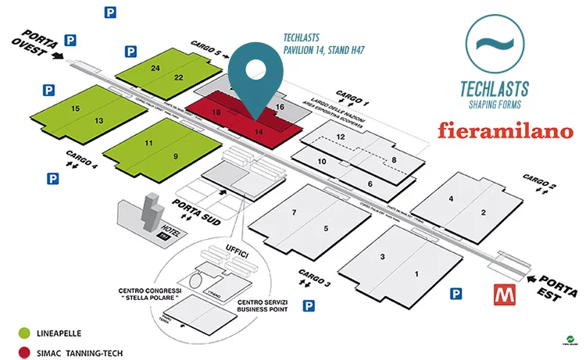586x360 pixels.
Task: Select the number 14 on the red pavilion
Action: (260, 133)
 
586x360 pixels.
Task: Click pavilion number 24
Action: (155, 69)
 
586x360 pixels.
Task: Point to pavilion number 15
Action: (75, 109)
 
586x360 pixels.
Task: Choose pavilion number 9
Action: (176, 156)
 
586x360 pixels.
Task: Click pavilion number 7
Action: (294, 213)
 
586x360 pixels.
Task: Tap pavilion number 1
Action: (416, 273)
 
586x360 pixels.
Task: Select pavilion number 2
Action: (483, 212)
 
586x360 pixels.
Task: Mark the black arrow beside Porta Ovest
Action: (55, 56)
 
